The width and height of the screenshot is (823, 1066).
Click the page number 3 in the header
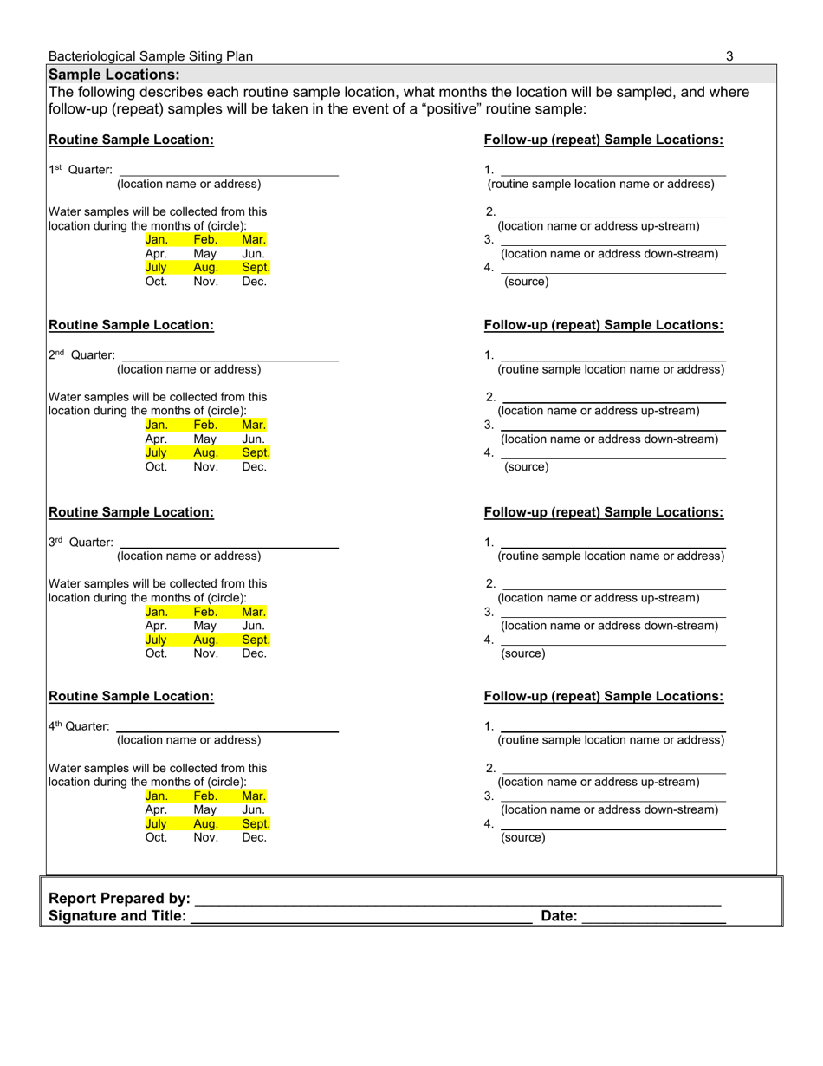[x=729, y=56]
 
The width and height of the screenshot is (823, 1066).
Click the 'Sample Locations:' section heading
[x=114, y=75]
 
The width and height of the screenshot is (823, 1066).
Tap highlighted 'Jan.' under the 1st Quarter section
[x=157, y=240]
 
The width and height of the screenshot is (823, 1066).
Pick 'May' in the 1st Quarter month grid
[x=205, y=254]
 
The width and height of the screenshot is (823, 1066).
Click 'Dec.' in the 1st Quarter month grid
[x=254, y=282]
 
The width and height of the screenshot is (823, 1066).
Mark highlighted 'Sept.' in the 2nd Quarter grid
[x=256, y=452]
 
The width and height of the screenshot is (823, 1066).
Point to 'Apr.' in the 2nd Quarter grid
[x=156, y=439]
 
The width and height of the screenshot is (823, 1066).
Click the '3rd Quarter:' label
[x=81, y=543]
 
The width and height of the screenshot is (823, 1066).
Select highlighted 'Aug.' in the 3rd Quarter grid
[x=205, y=640]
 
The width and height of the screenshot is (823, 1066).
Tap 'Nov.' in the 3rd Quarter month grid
[x=205, y=653]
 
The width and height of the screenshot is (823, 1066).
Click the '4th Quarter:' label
[x=79, y=726]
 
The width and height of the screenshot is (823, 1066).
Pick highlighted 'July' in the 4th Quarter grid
[x=156, y=823]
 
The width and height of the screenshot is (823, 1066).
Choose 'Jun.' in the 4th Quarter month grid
[x=254, y=809]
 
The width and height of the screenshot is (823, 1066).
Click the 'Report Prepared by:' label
[x=120, y=899]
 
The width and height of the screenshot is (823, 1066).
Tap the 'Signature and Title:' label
[x=118, y=916]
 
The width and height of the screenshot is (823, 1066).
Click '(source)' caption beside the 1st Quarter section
[x=527, y=282]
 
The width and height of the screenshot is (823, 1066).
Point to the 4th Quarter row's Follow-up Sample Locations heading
[x=604, y=696]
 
